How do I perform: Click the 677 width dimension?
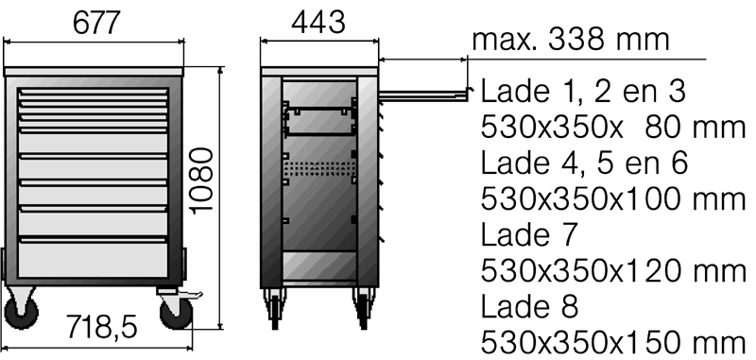[x=95, y=22]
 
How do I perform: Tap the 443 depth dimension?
[x=318, y=22]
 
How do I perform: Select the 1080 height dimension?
[x=201, y=180]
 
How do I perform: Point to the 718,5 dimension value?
[x=101, y=327]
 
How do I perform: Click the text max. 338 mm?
[x=571, y=40]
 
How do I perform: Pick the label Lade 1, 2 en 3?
[x=583, y=91]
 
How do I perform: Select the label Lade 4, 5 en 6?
[x=584, y=163]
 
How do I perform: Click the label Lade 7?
[x=529, y=234]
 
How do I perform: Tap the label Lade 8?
[x=529, y=306]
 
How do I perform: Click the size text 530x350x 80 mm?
[x=613, y=128]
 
